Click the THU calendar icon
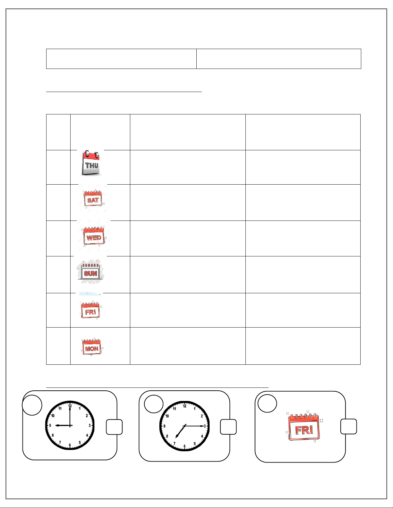point(91,163)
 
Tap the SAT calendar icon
point(93,199)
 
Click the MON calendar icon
point(92,347)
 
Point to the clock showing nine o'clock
point(70,425)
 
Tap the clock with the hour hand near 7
point(184,426)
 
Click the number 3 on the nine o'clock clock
point(90,426)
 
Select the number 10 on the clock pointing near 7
point(167,416)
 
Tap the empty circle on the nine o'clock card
point(32,405)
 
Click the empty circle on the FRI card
point(267,403)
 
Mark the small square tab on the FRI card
point(348,426)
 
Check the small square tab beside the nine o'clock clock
point(114,427)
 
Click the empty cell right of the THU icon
point(188,167)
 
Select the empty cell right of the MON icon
point(188,346)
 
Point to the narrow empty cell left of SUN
point(58,274)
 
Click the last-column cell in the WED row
point(303,238)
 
